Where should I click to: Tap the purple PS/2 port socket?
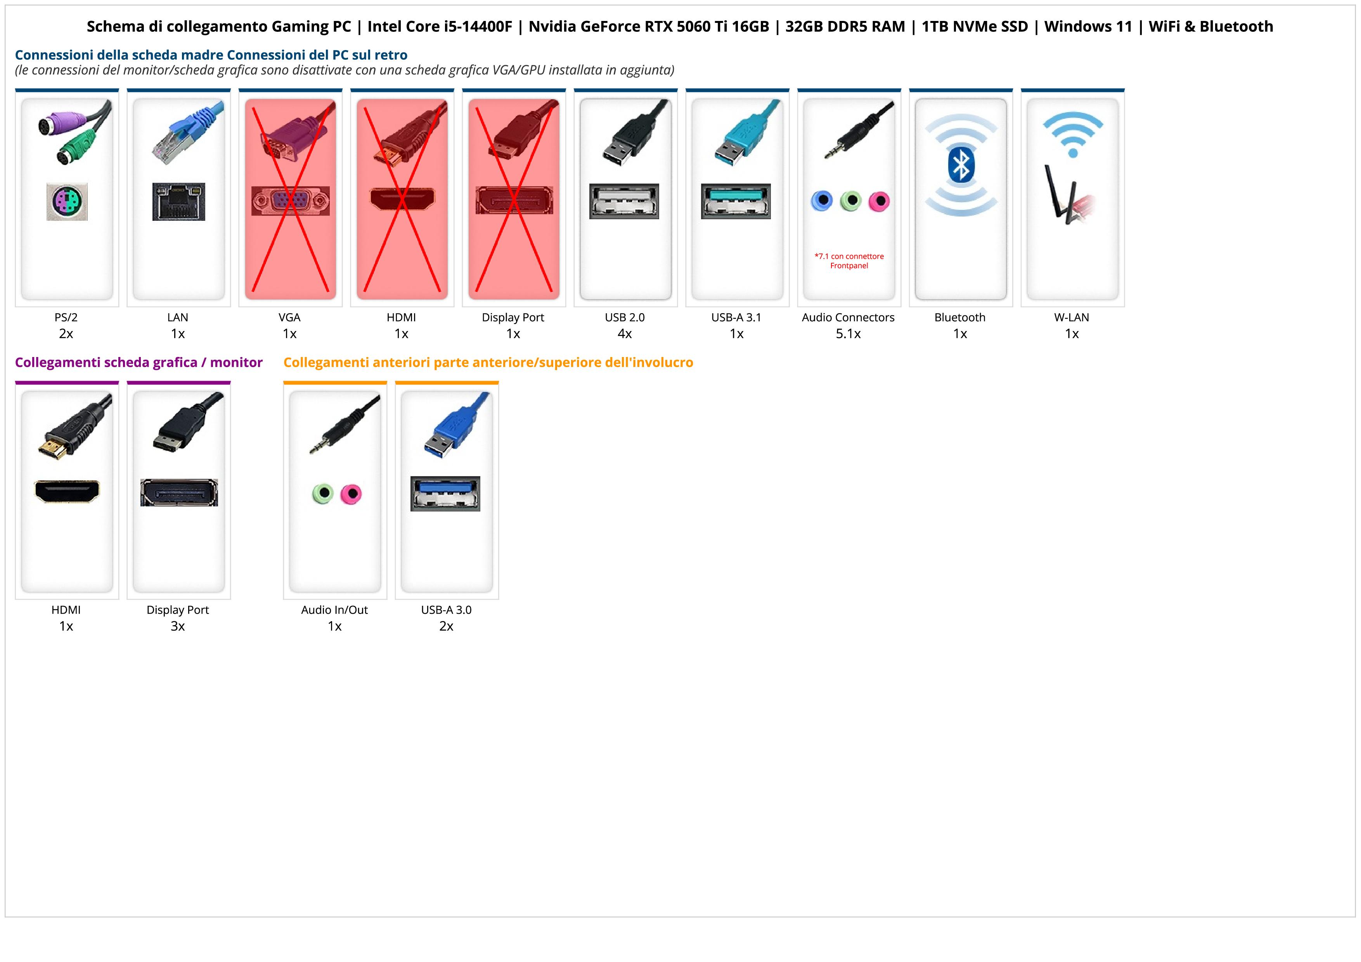[67, 202]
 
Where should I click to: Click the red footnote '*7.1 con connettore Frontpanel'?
[849, 261]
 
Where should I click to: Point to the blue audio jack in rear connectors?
[822, 201]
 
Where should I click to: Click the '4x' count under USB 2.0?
[625, 334]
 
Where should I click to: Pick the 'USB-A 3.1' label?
[736, 317]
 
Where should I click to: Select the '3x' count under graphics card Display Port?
[178, 626]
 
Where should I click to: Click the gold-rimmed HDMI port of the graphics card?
[67, 491]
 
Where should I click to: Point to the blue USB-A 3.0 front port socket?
[445, 493]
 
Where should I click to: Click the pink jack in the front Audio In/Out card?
[351, 493]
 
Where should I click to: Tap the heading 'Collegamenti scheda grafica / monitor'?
[139, 362]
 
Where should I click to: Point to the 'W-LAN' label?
[1072, 317]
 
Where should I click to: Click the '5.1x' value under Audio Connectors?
[848, 334]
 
